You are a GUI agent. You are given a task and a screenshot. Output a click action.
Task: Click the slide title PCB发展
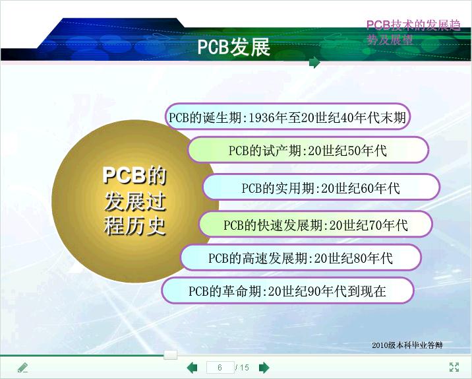[233, 47]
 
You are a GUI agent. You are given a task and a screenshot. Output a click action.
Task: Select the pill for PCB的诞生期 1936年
[288, 117]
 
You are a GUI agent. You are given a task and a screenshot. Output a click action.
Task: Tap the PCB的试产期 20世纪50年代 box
[308, 150]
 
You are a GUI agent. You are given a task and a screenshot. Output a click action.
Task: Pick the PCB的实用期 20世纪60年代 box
[321, 188]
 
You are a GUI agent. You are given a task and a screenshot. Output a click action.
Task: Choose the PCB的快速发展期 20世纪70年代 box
[316, 224]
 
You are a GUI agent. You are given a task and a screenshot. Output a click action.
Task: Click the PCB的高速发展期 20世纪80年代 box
[301, 258]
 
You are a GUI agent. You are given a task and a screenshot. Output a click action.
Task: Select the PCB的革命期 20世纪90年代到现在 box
[288, 291]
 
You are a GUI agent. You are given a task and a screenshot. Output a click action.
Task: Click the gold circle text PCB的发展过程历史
[134, 201]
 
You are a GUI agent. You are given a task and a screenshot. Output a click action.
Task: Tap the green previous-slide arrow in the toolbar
[192, 368]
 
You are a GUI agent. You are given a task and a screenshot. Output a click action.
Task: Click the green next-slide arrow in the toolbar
[264, 368]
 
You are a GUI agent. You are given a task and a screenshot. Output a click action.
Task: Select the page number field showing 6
[220, 368]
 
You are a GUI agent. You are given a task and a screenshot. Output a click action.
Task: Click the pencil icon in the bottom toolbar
[23, 368]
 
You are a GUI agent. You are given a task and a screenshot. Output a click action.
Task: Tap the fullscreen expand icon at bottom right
[454, 367]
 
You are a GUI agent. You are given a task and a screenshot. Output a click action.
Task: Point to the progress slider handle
[170, 355]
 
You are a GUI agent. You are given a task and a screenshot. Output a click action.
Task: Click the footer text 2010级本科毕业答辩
[407, 345]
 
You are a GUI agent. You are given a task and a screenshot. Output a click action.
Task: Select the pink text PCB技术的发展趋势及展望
[413, 32]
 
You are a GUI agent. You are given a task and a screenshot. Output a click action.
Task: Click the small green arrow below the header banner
[314, 63]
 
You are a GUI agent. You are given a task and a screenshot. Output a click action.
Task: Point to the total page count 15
[245, 368]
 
